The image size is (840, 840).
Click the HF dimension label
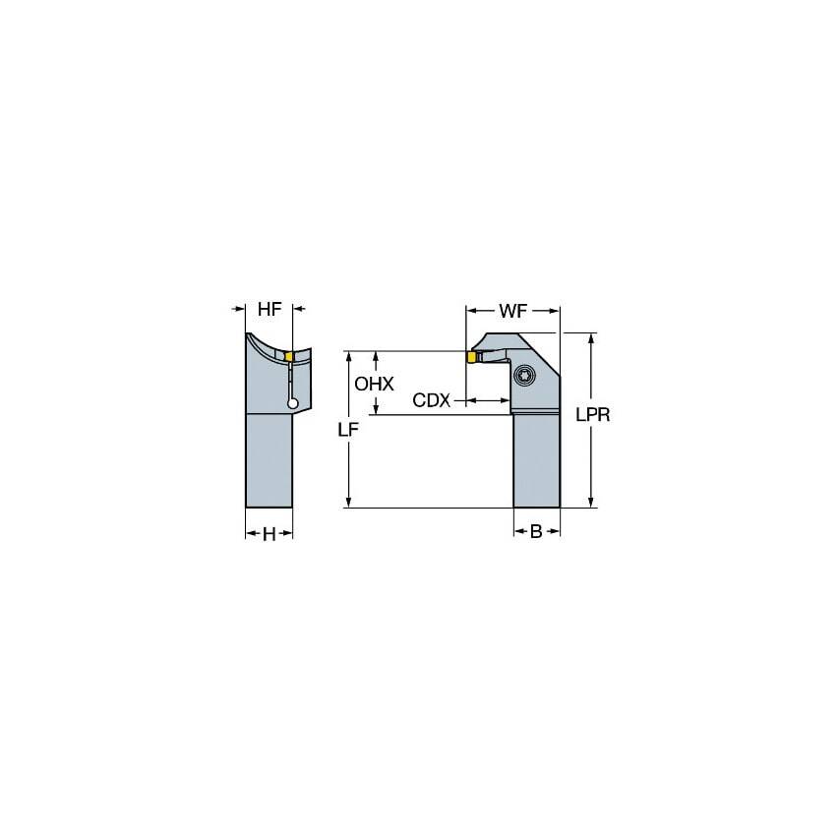(270, 309)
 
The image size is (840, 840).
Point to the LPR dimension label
(593, 415)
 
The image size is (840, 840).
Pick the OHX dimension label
(374, 385)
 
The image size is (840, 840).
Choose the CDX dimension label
(431, 400)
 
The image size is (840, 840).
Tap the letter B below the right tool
(536, 532)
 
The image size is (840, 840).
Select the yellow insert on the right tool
(472, 357)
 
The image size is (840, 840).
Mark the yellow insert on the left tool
(289, 355)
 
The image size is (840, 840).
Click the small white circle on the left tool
(292, 401)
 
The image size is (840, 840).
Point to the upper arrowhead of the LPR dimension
(590, 338)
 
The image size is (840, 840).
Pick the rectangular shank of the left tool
(269, 460)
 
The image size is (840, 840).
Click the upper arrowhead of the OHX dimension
(374, 357)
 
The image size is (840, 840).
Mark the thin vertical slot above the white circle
(292, 379)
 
